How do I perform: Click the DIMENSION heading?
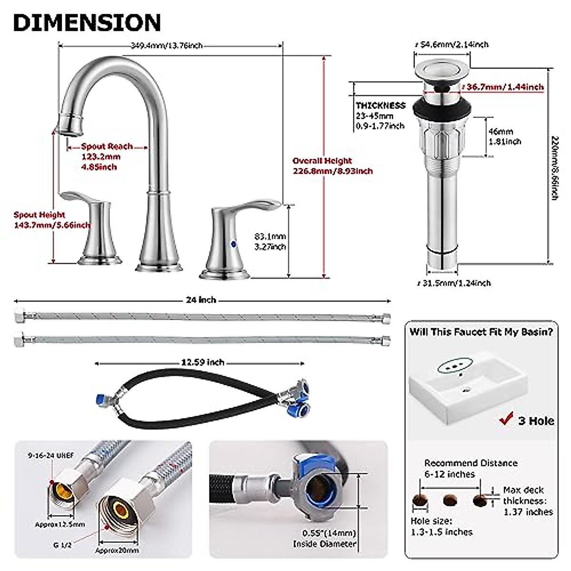point(87,22)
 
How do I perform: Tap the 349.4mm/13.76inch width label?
point(167,46)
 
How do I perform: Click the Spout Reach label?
point(107,147)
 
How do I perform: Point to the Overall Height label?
point(322,161)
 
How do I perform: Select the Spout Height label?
point(39,215)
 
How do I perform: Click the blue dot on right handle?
point(233,244)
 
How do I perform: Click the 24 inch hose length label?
point(201,300)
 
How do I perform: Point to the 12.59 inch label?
point(203,363)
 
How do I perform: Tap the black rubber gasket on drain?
point(442,108)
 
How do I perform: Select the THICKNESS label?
point(381,106)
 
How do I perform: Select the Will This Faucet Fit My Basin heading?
point(481,332)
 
